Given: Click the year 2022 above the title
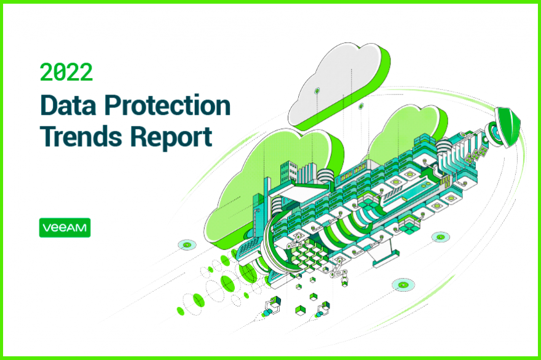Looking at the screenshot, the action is pos(66,72).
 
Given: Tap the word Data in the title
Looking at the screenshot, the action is pos(68,105).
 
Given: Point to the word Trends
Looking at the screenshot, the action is pos(81,137).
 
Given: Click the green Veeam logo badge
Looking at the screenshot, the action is pos(65,227).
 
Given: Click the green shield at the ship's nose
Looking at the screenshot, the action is pos(508,127).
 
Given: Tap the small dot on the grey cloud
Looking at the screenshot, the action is pos(317,91).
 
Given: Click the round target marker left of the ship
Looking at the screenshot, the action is pos(187,245).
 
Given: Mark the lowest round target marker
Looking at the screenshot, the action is pos(403,285).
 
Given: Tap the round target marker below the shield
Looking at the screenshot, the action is pos(441,237).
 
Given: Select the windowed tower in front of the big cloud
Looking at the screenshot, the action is pos(289,173).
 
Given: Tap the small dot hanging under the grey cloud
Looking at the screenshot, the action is pos(361,106).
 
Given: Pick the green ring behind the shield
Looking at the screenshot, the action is pos(494,133).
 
